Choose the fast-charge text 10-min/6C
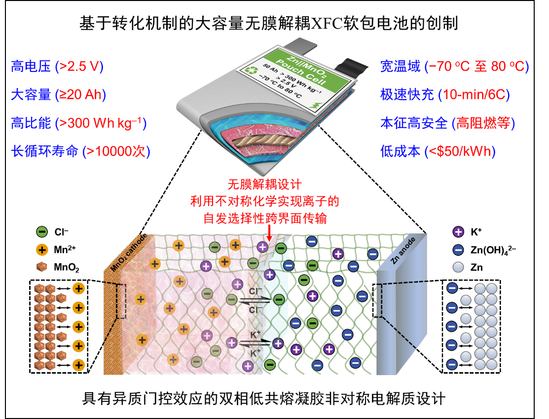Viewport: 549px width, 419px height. [474, 95]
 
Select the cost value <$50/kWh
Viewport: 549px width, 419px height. [460, 151]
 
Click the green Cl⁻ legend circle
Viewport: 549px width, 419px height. [41, 232]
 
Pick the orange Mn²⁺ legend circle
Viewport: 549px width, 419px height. [41, 250]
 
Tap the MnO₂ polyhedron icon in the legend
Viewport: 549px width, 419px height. [41, 267]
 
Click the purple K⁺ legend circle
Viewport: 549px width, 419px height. [458, 232]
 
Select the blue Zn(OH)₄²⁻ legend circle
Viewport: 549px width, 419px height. [458, 249]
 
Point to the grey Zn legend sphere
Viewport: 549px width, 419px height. [458, 268]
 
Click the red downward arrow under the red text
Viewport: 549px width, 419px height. [269, 233]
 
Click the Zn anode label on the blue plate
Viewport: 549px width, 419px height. [403, 250]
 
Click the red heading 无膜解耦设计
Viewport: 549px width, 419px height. [264, 184]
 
